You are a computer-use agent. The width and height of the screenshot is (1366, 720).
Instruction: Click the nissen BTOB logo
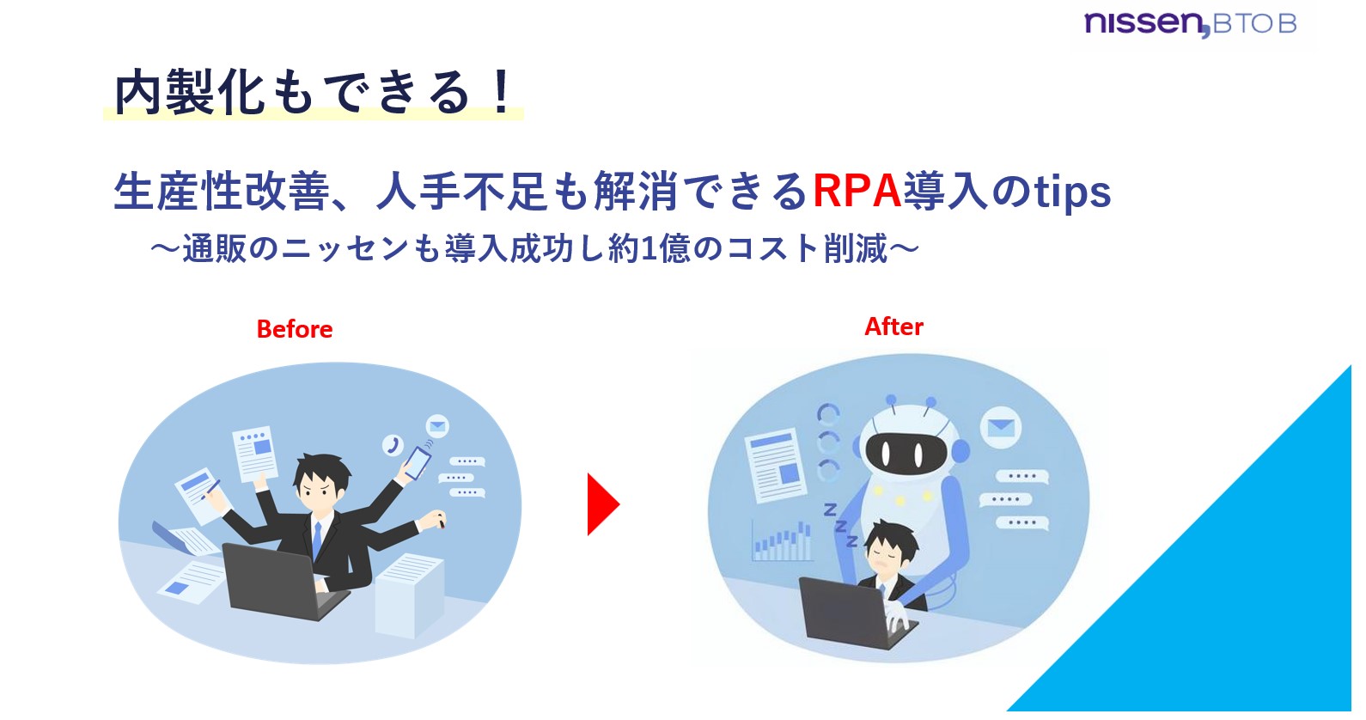click(1189, 24)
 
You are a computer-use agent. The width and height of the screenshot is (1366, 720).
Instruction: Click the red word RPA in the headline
click(856, 191)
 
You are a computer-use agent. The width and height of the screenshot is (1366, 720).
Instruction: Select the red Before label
click(294, 329)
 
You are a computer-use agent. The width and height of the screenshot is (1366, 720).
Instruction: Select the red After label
click(893, 326)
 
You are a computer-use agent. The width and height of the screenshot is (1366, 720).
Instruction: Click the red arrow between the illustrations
click(601, 504)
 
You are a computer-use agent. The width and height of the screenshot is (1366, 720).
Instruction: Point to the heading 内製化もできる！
click(314, 92)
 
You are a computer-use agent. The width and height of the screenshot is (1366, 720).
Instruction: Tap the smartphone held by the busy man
click(418, 461)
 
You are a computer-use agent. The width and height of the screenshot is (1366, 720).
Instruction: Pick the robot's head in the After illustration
click(906, 442)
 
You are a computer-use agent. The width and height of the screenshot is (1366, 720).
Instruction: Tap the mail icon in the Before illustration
click(437, 425)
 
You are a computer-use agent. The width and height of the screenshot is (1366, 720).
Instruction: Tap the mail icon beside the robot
click(1000, 427)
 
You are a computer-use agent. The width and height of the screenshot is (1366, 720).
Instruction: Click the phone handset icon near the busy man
click(393, 444)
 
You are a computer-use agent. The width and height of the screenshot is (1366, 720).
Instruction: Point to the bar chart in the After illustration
click(782, 541)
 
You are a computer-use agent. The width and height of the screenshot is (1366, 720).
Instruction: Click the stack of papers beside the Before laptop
click(409, 593)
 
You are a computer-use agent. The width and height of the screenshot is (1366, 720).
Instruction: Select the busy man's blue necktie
click(317, 540)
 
